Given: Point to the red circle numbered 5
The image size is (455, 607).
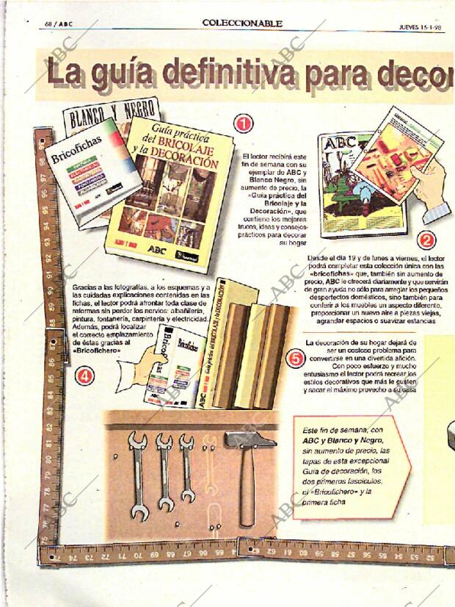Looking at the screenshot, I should [295, 359].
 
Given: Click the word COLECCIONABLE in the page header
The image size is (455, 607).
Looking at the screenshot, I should [242, 24].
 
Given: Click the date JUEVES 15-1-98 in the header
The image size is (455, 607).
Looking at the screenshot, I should [421, 26].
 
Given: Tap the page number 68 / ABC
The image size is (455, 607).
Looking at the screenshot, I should [59, 24].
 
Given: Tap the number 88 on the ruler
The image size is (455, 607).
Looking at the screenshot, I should [52, 321].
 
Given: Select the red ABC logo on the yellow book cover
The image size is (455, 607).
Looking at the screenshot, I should [158, 249].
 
